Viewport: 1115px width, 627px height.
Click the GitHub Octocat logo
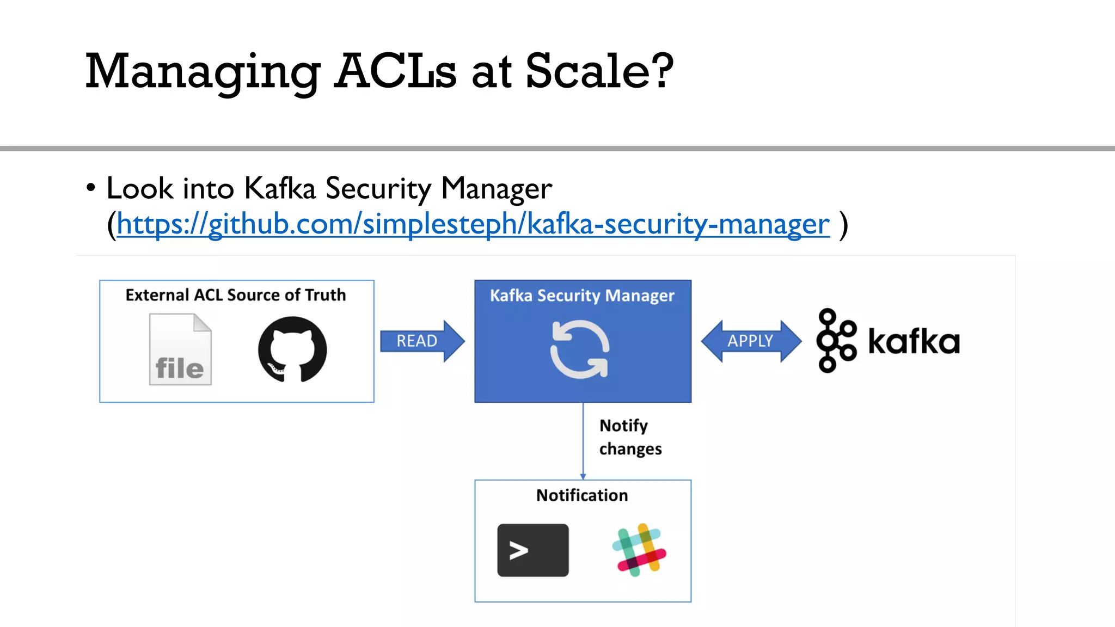click(x=292, y=349)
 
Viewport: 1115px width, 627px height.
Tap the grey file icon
click(x=180, y=349)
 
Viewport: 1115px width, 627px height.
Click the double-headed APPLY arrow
click(x=751, y=341)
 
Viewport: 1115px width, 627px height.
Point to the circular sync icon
click(x=580, y=349)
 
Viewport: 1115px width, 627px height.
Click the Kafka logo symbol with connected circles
click(x=835, y=340)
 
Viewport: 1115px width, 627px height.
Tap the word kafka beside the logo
click(x=914, y=342)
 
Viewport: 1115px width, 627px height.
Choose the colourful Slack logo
click(x=639, y=550)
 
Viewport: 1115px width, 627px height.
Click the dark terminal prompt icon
click(x=532, y=550)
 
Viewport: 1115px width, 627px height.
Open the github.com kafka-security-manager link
click(x=473, y=224)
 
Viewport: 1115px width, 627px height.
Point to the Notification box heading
click(x=582, y=495)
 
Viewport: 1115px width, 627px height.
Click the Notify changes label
click(x=630, y=437)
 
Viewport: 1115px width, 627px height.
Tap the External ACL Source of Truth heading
click(x=236, y=295)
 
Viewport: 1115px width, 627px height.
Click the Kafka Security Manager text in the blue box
click(x=582, y=296)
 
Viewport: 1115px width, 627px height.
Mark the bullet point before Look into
click(x=91, y=188)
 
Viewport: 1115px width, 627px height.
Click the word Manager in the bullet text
click(x=497, y=189)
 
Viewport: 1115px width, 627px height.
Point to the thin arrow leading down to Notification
click(x=583, y=441)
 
